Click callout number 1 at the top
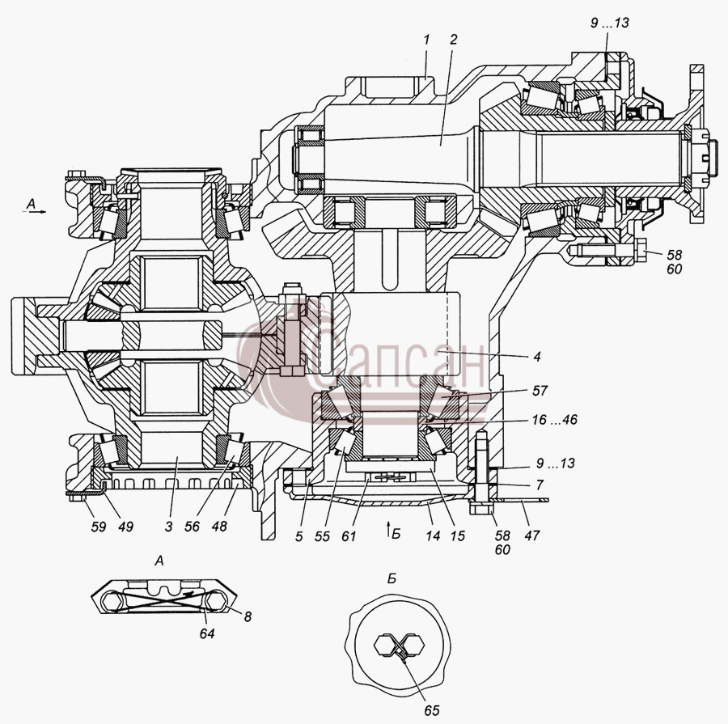426,40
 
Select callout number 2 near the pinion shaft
453,40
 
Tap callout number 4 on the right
537,357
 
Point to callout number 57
540,391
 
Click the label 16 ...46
554,420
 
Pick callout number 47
532,536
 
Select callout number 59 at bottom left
99,527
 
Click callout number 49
125,527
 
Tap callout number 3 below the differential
168,527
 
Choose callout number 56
192,527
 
